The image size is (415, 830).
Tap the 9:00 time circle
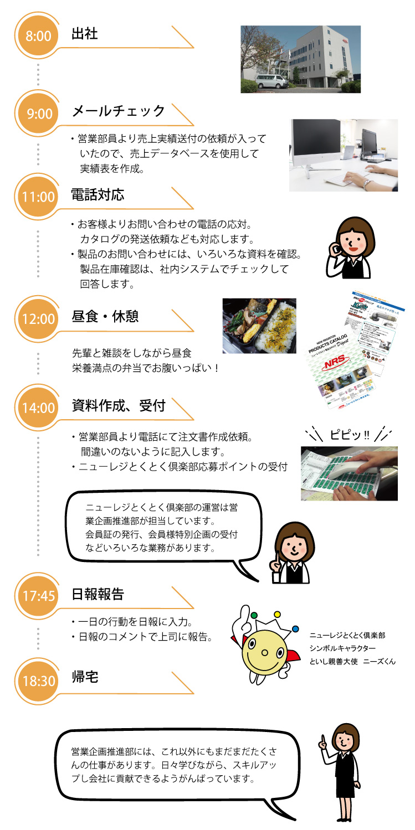pos(38,114)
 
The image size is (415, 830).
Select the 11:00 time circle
pos(38,197)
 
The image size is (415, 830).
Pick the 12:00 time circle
pos(38,319)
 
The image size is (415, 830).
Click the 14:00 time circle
pos(38,408)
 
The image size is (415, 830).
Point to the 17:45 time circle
pos(38,596)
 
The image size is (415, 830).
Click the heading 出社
pos(85,34)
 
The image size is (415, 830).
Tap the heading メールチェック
pos(119,111)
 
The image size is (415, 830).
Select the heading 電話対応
pos(98,195)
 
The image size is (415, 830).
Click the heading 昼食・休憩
pos(105,317)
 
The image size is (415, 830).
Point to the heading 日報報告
pos(98,595)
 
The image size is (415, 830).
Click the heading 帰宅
pos(85,677)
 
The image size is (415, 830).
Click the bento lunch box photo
pos(259,326)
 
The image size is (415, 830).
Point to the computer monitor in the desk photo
pos(318,141)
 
